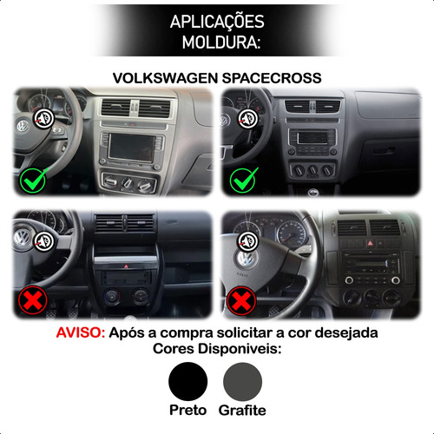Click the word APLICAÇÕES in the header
click(x=217, y=22)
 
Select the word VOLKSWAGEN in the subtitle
click(x=165, y=78)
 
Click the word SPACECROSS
click(x=272, y=78)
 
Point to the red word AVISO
click(x=80, y=332)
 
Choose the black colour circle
click(x=188, y=381)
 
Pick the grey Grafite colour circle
click(x=242, y=381)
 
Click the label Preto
click(x=188, y=410)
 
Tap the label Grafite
click(x=242, y=410)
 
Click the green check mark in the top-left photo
click(x=33, y=180)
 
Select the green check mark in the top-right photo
click(x=244, y=180)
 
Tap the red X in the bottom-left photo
click(x=32, y=300)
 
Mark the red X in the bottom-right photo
click(x=241, y=300)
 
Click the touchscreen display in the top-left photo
click(x=132, y=148)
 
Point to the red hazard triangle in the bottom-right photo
click(x=370, y=243)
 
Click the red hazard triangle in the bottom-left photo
click(x=126, y=266)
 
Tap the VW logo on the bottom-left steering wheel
click(x=22, y=238)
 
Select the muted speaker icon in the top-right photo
click(x=247, y=119)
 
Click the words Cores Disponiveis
click(x=217, y=349)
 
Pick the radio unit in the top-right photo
click(x=312, y=141)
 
